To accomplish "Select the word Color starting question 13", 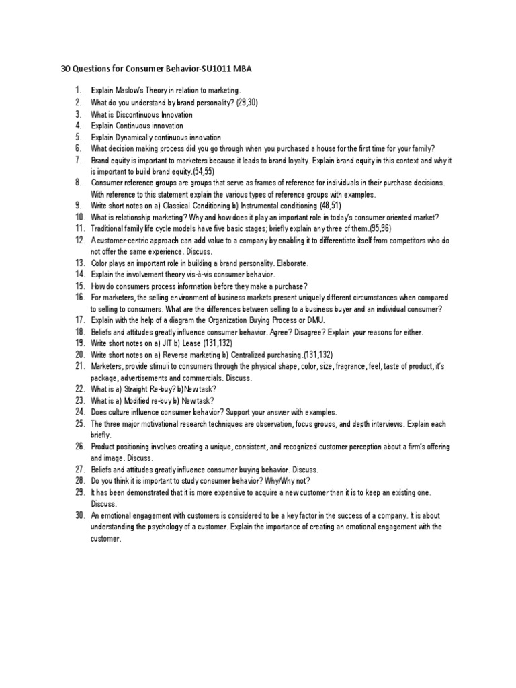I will coord(100,263).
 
